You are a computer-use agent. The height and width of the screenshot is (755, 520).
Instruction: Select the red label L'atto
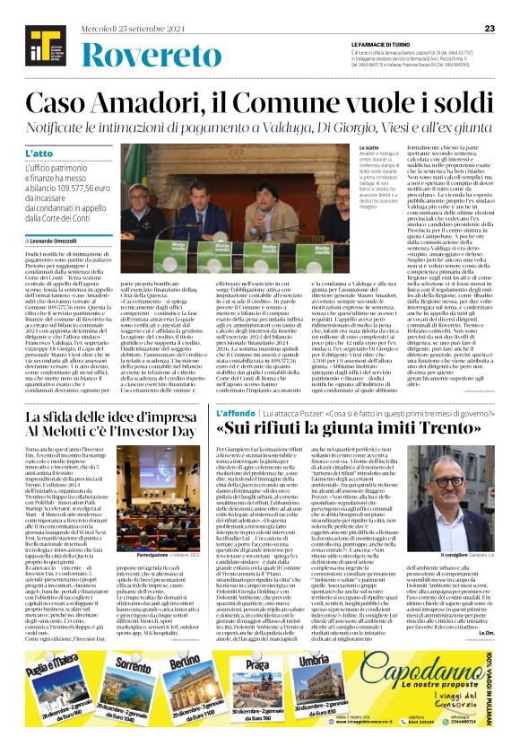coord(38,154)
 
